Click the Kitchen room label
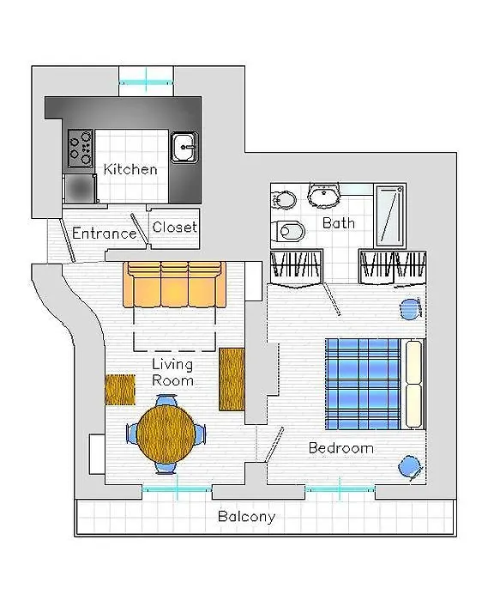(x=130, y=169)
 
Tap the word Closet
(x=175, y=227)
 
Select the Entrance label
(x=104, y=233)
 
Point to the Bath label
(x=339, y=222)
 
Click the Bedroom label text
(x=340, y=447)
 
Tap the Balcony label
(x=247, y=517)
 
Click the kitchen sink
(x=184, y=147)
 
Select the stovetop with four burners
(x=81, y=149)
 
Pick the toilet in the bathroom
(x=288, y=231)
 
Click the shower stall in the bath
(x=389, y=216)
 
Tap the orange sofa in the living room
(x=174, y=284)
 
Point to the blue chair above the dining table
(x=166, y=401)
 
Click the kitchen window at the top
(x=146, y=82)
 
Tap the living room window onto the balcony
(x=177, y=489)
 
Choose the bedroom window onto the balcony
(x=340, y=489)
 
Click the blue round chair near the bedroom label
(x=410, y=468)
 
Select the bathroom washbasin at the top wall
(x=324, y=195)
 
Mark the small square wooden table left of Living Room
(x=120, y=390)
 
